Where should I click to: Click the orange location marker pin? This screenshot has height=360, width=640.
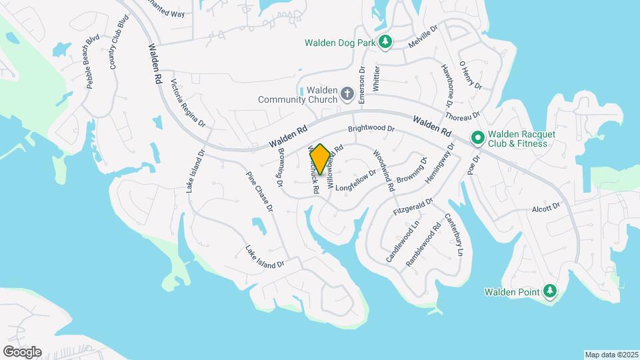tap(320, 160)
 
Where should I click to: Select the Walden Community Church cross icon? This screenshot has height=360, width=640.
tap(347, 94)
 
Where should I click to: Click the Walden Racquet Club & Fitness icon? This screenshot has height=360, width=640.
tap(477, 138)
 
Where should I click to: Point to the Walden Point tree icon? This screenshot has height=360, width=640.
tap(550, 291)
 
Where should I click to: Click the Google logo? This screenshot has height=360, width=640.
tap(22, 351)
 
